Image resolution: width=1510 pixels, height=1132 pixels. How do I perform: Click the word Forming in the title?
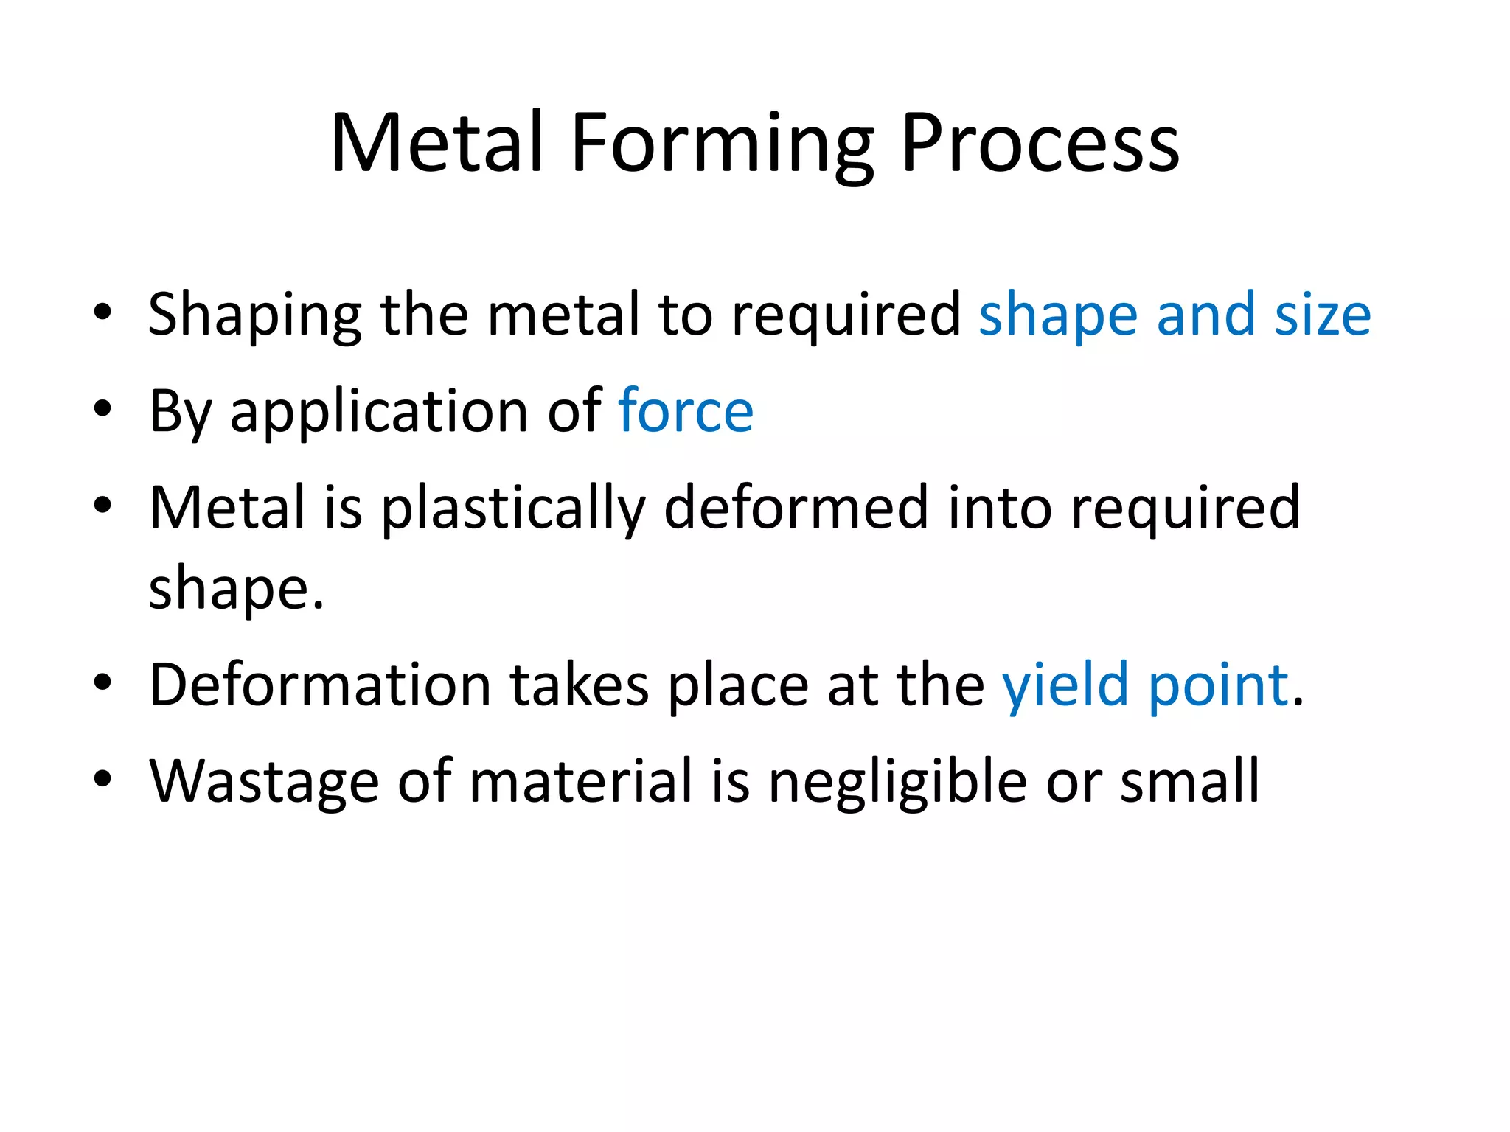[x=722, y=144]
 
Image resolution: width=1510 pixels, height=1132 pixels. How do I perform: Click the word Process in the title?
[x=1040, y=144]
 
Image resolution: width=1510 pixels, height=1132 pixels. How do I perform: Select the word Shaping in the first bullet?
[x=254, y=315]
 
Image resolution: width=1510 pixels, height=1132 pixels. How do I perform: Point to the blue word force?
[x=686, y=411]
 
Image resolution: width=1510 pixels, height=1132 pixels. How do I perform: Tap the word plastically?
[x=513, y=509]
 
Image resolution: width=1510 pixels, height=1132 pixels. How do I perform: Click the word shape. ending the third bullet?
[x=236, y=590]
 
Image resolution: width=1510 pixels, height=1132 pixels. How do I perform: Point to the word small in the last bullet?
[x=1189, y=781]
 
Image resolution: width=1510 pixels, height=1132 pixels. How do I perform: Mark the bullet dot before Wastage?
[x=102, y=779]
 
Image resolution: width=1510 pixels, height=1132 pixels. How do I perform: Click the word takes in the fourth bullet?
[x=579, y=685]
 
